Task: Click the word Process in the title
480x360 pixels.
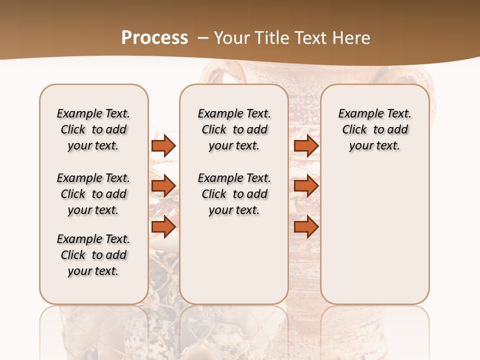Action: pos(154,37)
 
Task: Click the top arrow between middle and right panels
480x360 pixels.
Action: pos(306,145)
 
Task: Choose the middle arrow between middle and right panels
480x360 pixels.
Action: pos(306,186)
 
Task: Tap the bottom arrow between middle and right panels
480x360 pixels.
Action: pos(306,226)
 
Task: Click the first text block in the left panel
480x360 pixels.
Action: pos(93,129)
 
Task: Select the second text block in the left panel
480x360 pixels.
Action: pos(93,194)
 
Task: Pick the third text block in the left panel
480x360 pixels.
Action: pos(93,255)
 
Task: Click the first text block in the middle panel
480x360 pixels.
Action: pos(234,129)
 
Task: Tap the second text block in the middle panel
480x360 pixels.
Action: pos(234,194)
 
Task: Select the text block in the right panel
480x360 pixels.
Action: pos(374,129)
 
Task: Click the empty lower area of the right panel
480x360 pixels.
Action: pos(374,235)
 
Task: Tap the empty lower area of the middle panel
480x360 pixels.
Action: pos(234,260)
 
